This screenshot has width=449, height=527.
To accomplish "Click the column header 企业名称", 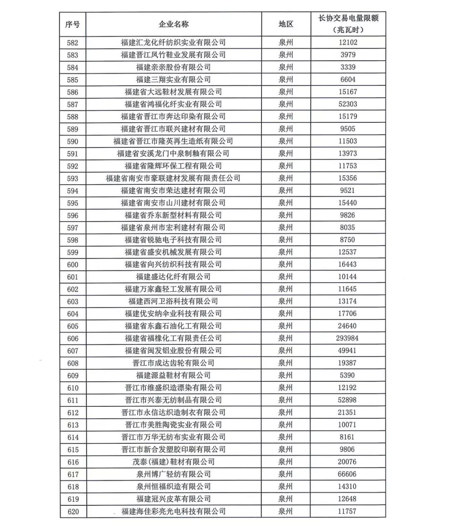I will (173, 24).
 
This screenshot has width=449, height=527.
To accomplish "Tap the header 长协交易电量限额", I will (348, 19).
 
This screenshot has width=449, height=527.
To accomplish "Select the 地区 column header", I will (286, 24).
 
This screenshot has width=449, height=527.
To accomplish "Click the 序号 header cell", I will (72, 24).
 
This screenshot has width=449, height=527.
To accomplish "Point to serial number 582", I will (72, 42).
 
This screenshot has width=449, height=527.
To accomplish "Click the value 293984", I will (347, 338).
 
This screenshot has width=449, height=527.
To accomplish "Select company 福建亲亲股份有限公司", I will (173, 67).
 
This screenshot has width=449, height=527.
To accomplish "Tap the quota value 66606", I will (347, 474).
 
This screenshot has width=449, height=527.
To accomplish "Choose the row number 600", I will (72, 265).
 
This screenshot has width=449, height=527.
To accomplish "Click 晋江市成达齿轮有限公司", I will (173, 363).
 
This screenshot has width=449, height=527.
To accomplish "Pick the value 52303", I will (347, 104).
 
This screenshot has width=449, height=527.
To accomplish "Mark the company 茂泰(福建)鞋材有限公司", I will (173, 462).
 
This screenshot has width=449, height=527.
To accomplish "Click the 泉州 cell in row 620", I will (286, 511).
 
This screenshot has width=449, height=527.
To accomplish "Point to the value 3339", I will (347, 67).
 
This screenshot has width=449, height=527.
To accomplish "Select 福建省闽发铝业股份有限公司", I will (173, 351).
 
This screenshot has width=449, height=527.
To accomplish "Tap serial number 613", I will (72, 425).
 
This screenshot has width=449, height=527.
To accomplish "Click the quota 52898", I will (347, 400).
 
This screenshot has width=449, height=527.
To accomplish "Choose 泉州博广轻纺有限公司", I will (173, 474).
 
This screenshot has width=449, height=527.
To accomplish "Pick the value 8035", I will (347, 228).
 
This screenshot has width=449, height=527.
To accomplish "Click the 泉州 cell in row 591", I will (286, 153).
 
